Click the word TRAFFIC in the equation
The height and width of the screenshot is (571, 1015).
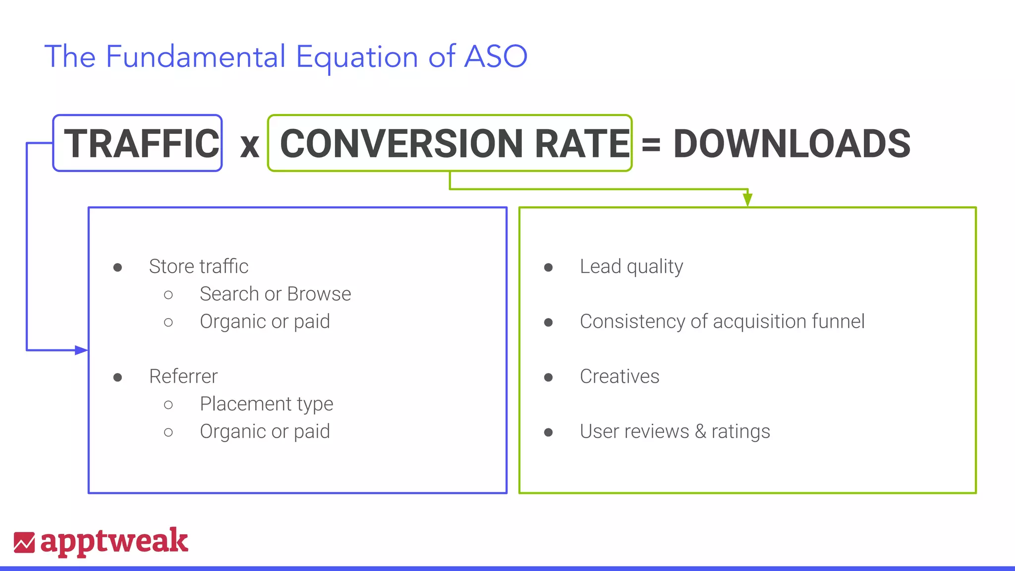tap(141, 144)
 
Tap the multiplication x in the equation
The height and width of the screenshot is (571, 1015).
tap(249, 146)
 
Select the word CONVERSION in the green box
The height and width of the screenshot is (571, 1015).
tap(401, 144)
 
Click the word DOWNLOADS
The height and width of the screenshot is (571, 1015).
tap(791, 144)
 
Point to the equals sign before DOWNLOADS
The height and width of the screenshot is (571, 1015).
tap(651, 145)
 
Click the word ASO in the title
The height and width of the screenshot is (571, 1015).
tap(496, 57)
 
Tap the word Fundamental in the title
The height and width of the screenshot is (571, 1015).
tap(196, 57)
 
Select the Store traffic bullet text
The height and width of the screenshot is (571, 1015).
tap(198, 267)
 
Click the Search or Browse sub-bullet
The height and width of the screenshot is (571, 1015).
tap(275, 294)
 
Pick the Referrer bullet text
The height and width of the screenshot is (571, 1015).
tap(183, 377)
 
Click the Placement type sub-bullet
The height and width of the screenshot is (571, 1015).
tap(266, 404)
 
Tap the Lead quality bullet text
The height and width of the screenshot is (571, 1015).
tap(631, 267)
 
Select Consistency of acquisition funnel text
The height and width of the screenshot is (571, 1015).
tap(722, 322)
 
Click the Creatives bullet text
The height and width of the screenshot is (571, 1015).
tap(620, 377)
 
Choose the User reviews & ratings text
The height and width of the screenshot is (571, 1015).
tap(675, 432)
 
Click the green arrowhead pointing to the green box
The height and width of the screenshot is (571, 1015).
tap(748, 200)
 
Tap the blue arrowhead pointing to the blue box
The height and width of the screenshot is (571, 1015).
tap(81, 350)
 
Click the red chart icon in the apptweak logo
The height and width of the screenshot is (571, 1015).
tap(24, 542)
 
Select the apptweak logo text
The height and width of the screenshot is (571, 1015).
tap(114, 541)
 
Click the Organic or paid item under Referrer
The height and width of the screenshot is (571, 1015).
tap(265, 432)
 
